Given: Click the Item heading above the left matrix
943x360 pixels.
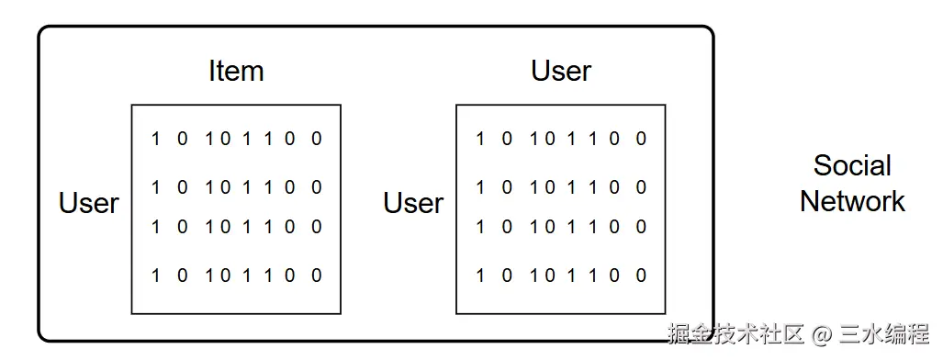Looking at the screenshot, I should pos(236,71).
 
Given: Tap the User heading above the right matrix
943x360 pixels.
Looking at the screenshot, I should pos(561,71).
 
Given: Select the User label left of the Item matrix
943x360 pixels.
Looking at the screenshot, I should pos(89,203).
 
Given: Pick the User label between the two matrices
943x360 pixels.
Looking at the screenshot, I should pos(413,203).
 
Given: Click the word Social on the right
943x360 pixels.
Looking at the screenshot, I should pos(852,166).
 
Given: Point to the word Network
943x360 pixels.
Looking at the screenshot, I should pos(852,202).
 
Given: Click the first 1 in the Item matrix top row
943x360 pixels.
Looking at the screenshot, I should pos(156,139).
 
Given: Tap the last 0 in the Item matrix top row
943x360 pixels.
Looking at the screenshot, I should pos(317,139).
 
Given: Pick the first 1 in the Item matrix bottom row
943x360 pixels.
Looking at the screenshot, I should pos(156,275).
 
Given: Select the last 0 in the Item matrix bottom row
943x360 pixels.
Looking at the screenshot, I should pos(317,275).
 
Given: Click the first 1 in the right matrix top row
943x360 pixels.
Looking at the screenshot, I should pos(480,139).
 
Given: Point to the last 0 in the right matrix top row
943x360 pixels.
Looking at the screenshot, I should pos(641,139).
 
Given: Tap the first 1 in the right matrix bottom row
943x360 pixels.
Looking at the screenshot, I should pos(480,275).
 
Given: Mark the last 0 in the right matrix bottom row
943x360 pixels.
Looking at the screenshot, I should pos(641,275).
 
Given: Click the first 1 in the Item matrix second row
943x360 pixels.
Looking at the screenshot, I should pos(156,187).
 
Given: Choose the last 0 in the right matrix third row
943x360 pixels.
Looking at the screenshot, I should pos(641,227).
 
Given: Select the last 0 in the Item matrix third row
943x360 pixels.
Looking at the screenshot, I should pos(317,227).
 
